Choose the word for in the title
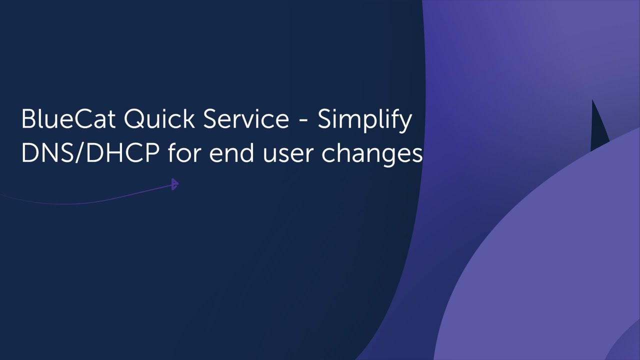pyautogui.click(x=185, y=153)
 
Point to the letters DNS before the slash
pyautogui.click(x=48, y=153)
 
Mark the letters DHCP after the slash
pyautogui.click(x=122, y=153)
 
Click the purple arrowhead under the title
pyautogui.click(x=174, y=184)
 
